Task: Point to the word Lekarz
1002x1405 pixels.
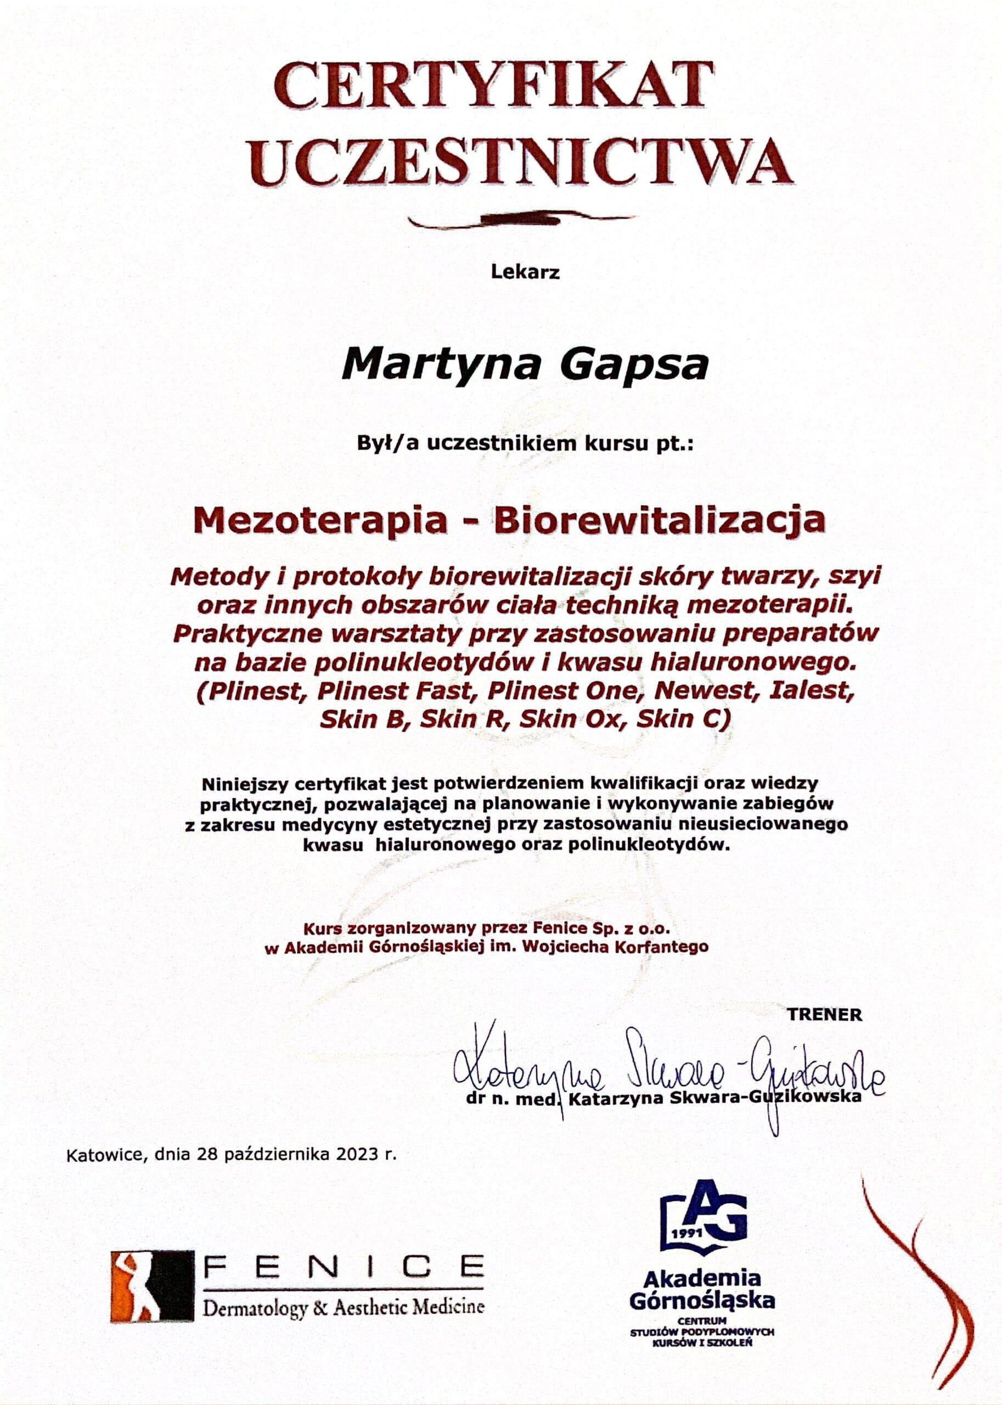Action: pyautogui.click(x=525, y=272)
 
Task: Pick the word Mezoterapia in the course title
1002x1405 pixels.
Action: pyautogui.click(x=319, y=520)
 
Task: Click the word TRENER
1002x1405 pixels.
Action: pyautogui.click(x=824, y=1014)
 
